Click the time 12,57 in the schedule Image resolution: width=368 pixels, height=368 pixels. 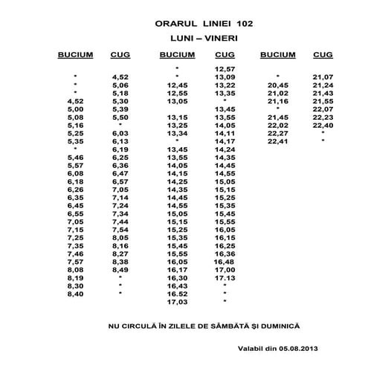click(225, 68)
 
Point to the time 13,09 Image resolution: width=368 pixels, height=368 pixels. click(225, 77)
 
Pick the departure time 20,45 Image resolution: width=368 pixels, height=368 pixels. click(277, 85)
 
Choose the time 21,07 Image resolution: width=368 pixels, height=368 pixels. click(323, 77)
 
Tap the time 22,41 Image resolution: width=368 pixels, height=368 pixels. click(277, 141)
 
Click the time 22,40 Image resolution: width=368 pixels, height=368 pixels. click(323, 125)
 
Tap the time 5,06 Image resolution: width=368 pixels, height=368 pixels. click(120, 85)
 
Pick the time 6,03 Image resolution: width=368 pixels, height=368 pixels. click(120, 133)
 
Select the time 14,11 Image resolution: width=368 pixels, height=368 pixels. click(225, 133)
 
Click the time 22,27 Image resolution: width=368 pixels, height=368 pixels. click(277, 133)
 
